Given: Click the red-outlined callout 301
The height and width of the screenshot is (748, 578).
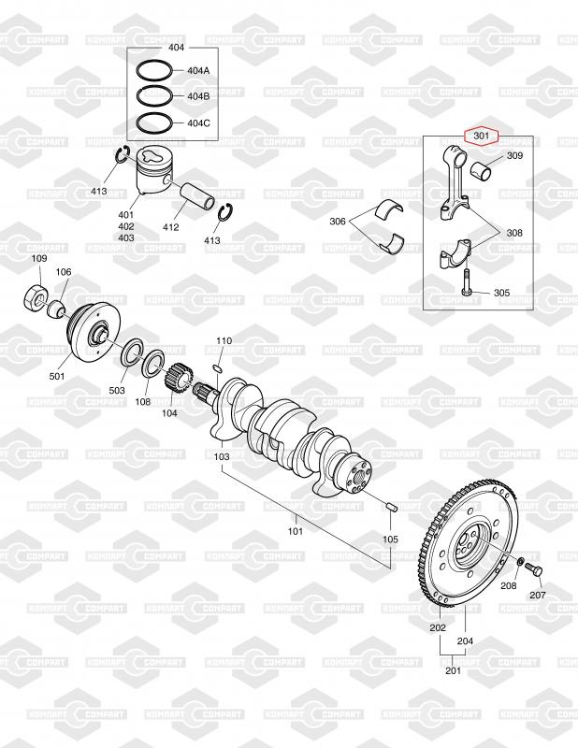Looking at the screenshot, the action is pyautogui.click(x=482, y=136).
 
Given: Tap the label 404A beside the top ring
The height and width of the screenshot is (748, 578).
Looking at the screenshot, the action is pyautogui.click(x=198, y=71).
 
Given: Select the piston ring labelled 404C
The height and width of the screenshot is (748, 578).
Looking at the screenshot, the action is pyautogui.click(x=153, y=123).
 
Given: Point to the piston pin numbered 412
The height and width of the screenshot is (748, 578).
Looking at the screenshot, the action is pyautogui.click(x=197, y=194).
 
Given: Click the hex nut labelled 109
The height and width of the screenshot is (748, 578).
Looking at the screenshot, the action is pyautogui.click(x=35, y=297).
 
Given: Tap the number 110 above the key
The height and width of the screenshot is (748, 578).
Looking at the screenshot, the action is pyautogui.click(x=224, y=340).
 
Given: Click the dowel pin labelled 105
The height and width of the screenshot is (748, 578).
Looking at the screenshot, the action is pyautogui.click(x=391, y=506).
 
